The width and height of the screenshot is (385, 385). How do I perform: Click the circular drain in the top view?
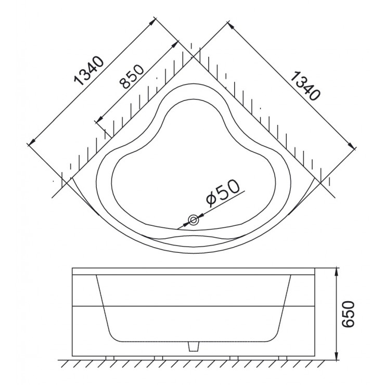pos(194,221)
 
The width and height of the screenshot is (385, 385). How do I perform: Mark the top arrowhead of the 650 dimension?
pos(337,272)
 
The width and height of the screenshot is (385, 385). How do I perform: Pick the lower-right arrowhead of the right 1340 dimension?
pos(352,147)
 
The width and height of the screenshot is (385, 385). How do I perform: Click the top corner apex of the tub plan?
pos(193,58)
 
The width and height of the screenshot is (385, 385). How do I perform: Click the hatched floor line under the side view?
pos(192,363)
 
